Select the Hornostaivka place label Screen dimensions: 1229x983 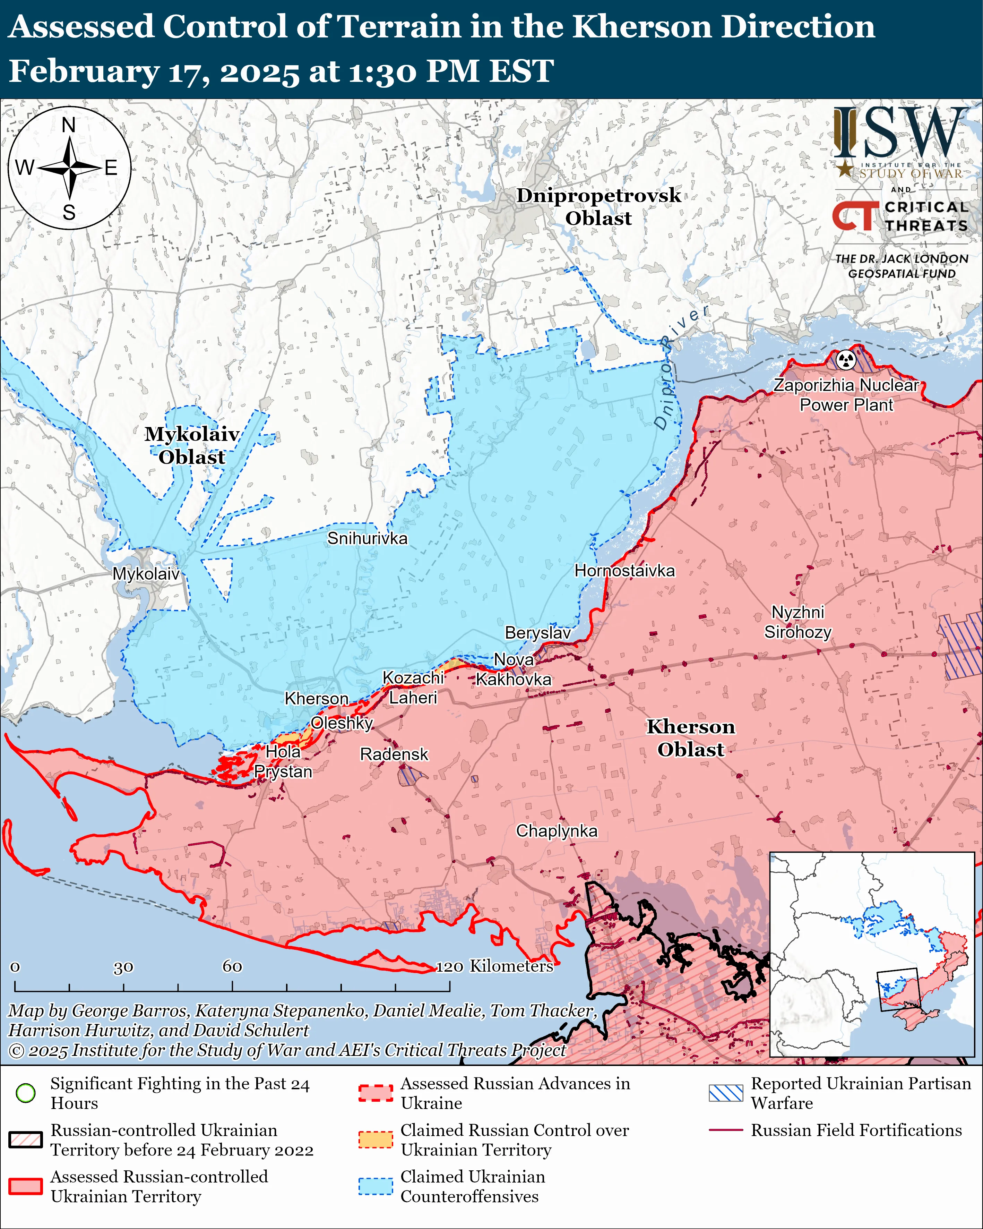tap(624, 571)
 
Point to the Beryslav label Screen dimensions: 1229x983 tap(537, 633)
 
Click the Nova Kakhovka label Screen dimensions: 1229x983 tap(514, 669)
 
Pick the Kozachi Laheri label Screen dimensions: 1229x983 tap(413, 688)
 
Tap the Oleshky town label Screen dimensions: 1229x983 tap(342, 723)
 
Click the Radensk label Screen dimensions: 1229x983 tap(394, 754)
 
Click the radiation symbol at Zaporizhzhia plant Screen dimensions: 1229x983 tap(847, 360)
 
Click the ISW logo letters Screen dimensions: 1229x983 tap(900, 134)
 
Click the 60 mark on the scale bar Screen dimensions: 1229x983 tap(232, 966)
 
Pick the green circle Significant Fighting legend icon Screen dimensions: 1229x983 tap(26, 1093)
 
